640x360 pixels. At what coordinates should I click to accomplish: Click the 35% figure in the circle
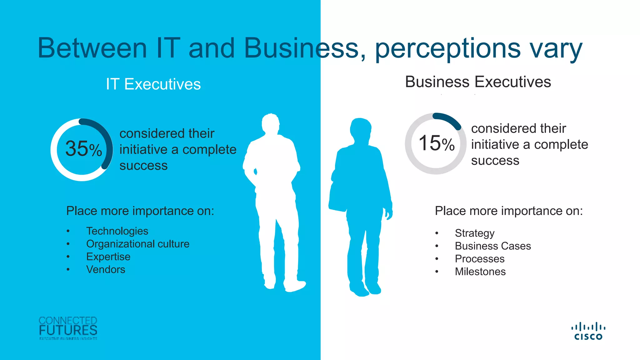[83, 148]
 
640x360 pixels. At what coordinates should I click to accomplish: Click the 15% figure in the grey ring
[436, 143]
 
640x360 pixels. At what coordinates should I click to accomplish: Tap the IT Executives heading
[153, 84]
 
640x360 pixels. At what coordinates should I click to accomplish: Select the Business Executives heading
[478, 82]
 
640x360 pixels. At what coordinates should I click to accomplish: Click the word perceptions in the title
[447, 48]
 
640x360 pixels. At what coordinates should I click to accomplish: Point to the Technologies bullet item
[117, 231]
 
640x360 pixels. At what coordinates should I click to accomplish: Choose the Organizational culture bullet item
[137, 244]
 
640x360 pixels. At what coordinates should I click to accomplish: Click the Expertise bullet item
[108, 257]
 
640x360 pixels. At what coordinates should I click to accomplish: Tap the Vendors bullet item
[106, 269]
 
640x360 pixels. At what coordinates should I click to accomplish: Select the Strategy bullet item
[474, 233]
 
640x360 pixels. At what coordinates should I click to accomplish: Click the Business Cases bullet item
[492, 246]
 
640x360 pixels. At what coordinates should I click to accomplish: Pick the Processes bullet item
[479, 259]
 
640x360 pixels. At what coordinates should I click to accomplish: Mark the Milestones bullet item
[480, 272]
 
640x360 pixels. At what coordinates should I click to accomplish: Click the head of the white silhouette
[271, 124]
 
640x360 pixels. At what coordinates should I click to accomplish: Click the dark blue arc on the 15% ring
[449, 119]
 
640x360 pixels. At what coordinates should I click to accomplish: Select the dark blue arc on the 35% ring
[106, 141]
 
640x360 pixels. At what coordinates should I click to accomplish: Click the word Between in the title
[92, 48]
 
